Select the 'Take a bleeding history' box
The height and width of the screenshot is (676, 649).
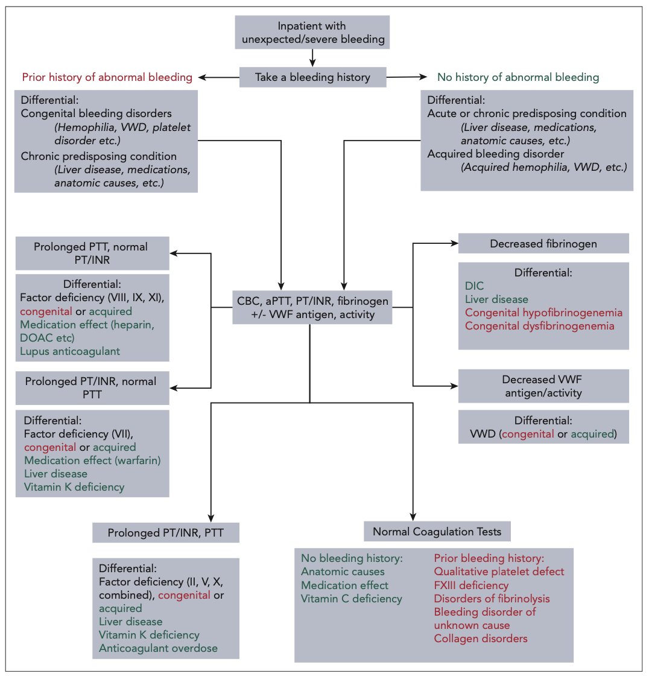312,77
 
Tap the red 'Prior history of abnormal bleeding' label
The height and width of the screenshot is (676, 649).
107,77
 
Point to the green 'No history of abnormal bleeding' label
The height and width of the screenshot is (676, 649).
518,77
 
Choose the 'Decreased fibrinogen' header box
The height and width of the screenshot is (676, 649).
543,243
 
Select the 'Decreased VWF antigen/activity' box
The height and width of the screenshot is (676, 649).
543,386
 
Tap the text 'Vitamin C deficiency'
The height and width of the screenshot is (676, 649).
351,598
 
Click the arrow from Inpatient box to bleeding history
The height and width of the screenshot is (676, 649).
312,57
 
